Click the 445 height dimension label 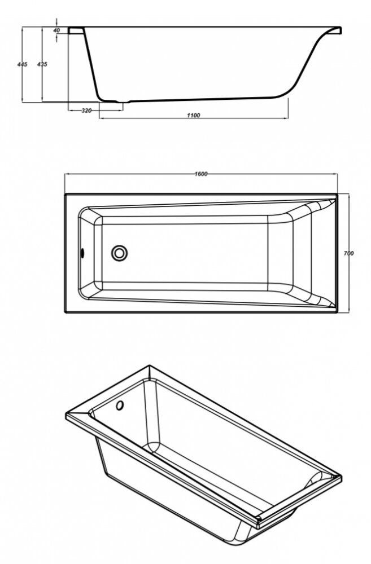coord(22,64)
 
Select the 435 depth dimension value coord(42,64)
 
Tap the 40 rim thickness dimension coord(56,30)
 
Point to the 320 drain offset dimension coord(86,111)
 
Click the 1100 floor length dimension coord(194,115)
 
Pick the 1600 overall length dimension coord(201,174)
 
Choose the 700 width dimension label coord(348,253)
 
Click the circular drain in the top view coord(119,253)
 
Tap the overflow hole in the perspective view coord(120,406)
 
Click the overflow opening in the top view coord(82,253)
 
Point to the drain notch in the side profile coord(123,102)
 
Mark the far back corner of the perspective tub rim coord(150,366)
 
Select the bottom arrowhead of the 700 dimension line coord(348,310)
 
